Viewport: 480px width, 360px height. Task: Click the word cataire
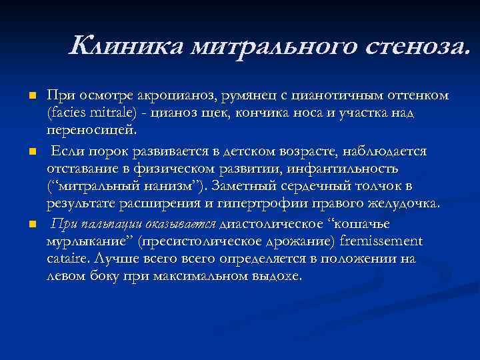click(67, 257)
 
